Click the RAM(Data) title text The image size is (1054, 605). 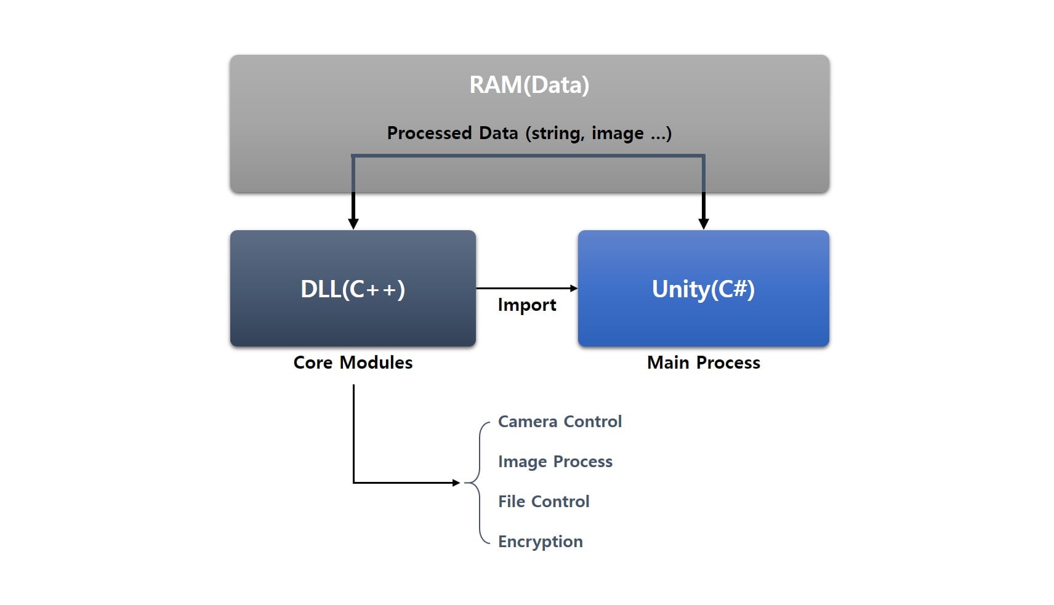[529, 85]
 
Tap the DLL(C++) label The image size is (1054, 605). [353, 289]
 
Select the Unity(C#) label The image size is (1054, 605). [703, 289]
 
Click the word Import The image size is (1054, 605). [526, 305]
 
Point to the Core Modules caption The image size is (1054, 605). [353, 363]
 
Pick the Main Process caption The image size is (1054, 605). [703, 363]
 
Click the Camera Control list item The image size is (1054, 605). [560, 422]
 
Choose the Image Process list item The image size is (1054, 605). [555, 462]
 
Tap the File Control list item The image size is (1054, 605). [544, 502]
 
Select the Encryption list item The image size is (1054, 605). [540, 542]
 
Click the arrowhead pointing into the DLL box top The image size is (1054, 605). [353, 224]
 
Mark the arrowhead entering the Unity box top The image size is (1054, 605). [704, 224]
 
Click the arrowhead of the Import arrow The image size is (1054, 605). [573, 288]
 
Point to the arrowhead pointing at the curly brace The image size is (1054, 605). [456, 483]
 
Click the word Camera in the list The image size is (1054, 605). [528, 422]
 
